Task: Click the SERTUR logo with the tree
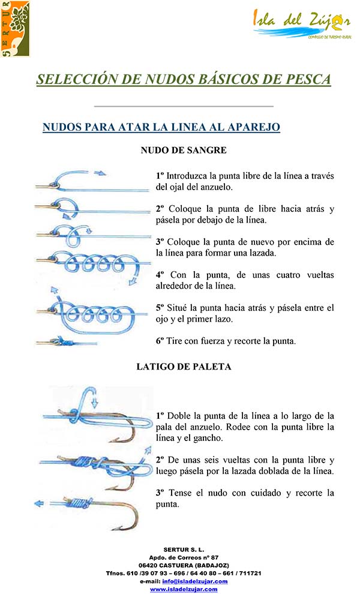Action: tap(15, 28)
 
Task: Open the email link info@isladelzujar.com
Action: tap(194, 581)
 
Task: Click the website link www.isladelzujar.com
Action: tap(184, 589)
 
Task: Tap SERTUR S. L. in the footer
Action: tap(184, 550)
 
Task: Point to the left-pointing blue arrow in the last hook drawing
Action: tap(40, 503)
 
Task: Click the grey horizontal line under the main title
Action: tap(184, 106)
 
